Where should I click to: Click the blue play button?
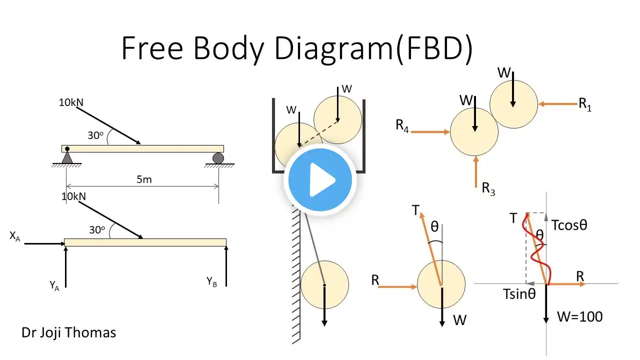320,180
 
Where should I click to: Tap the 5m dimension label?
144,179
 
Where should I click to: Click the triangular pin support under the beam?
67,157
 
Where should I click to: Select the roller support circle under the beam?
218,158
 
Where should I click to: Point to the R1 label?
585,104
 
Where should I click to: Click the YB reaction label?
212,281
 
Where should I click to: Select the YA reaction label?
54,285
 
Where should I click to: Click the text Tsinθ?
519,294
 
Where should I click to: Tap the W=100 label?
580,316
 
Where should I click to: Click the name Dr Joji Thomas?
68,332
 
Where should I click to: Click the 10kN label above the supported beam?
71,102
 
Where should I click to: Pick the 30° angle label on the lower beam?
97,230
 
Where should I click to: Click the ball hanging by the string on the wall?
324,284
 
